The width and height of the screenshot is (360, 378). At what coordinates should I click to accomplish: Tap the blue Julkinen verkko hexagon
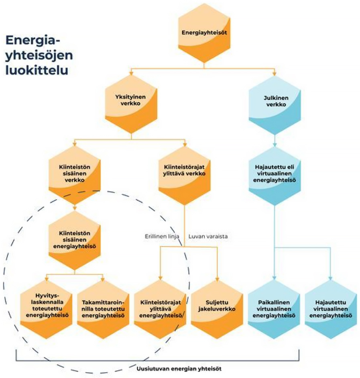275,102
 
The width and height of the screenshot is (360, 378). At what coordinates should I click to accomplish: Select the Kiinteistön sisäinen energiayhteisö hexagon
75,241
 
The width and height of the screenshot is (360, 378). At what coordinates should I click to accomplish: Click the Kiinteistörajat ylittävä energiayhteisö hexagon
160,309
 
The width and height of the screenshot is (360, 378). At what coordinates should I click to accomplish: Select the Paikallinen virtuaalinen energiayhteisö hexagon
275,309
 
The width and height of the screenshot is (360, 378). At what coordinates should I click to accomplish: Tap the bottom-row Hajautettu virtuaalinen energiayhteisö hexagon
331,309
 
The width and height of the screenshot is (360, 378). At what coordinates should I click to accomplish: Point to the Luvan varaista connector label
208,237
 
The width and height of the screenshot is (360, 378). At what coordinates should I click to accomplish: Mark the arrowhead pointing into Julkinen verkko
275,74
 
